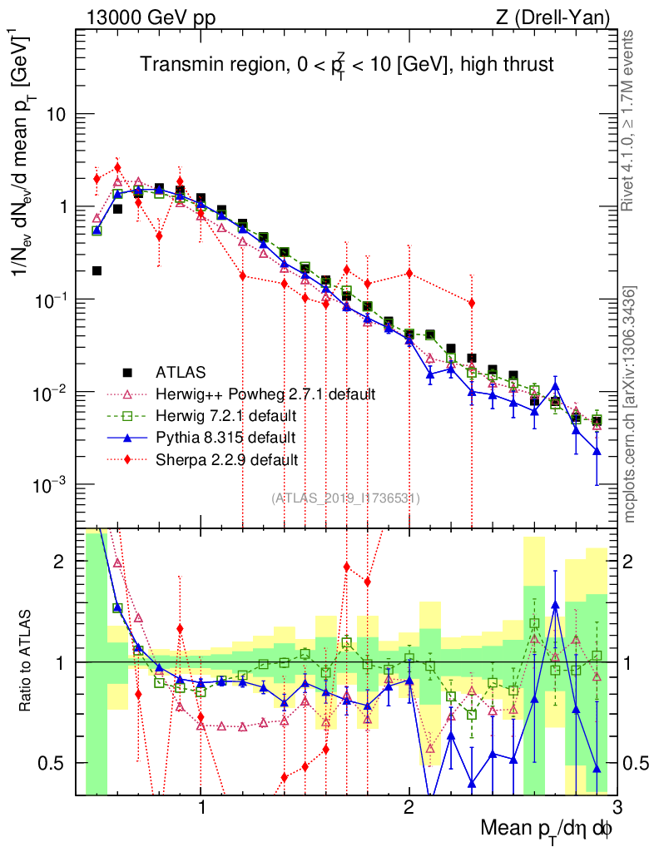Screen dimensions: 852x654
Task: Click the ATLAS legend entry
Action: pyautogui.click(x=182, y=372)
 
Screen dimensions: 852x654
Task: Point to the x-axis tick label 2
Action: pyautogui.click(x=409, y=806)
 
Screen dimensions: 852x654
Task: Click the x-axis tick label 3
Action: pyautogui.click(x=616, y=806)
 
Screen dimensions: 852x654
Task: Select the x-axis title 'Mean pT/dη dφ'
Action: pyautogui.click(x=547, y=830)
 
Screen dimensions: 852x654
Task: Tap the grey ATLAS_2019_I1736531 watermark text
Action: pyautogui.click(x=345, y=498)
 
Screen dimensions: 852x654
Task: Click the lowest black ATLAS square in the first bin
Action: pyautogui.click(x=97, y=270)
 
